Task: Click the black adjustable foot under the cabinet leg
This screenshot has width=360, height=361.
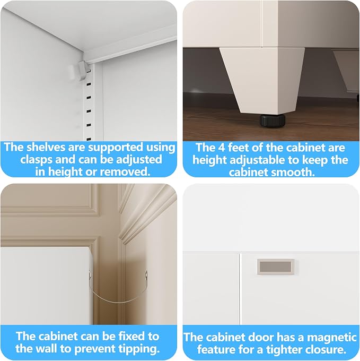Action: [x=273, y=119]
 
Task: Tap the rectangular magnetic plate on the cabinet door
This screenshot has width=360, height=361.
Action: [x=276, y=267]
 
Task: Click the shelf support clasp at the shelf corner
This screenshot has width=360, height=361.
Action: [x=80, y=70]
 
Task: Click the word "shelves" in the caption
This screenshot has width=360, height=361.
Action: [x=46, y=147]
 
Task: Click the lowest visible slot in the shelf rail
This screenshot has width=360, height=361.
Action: [x=89, y=139]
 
